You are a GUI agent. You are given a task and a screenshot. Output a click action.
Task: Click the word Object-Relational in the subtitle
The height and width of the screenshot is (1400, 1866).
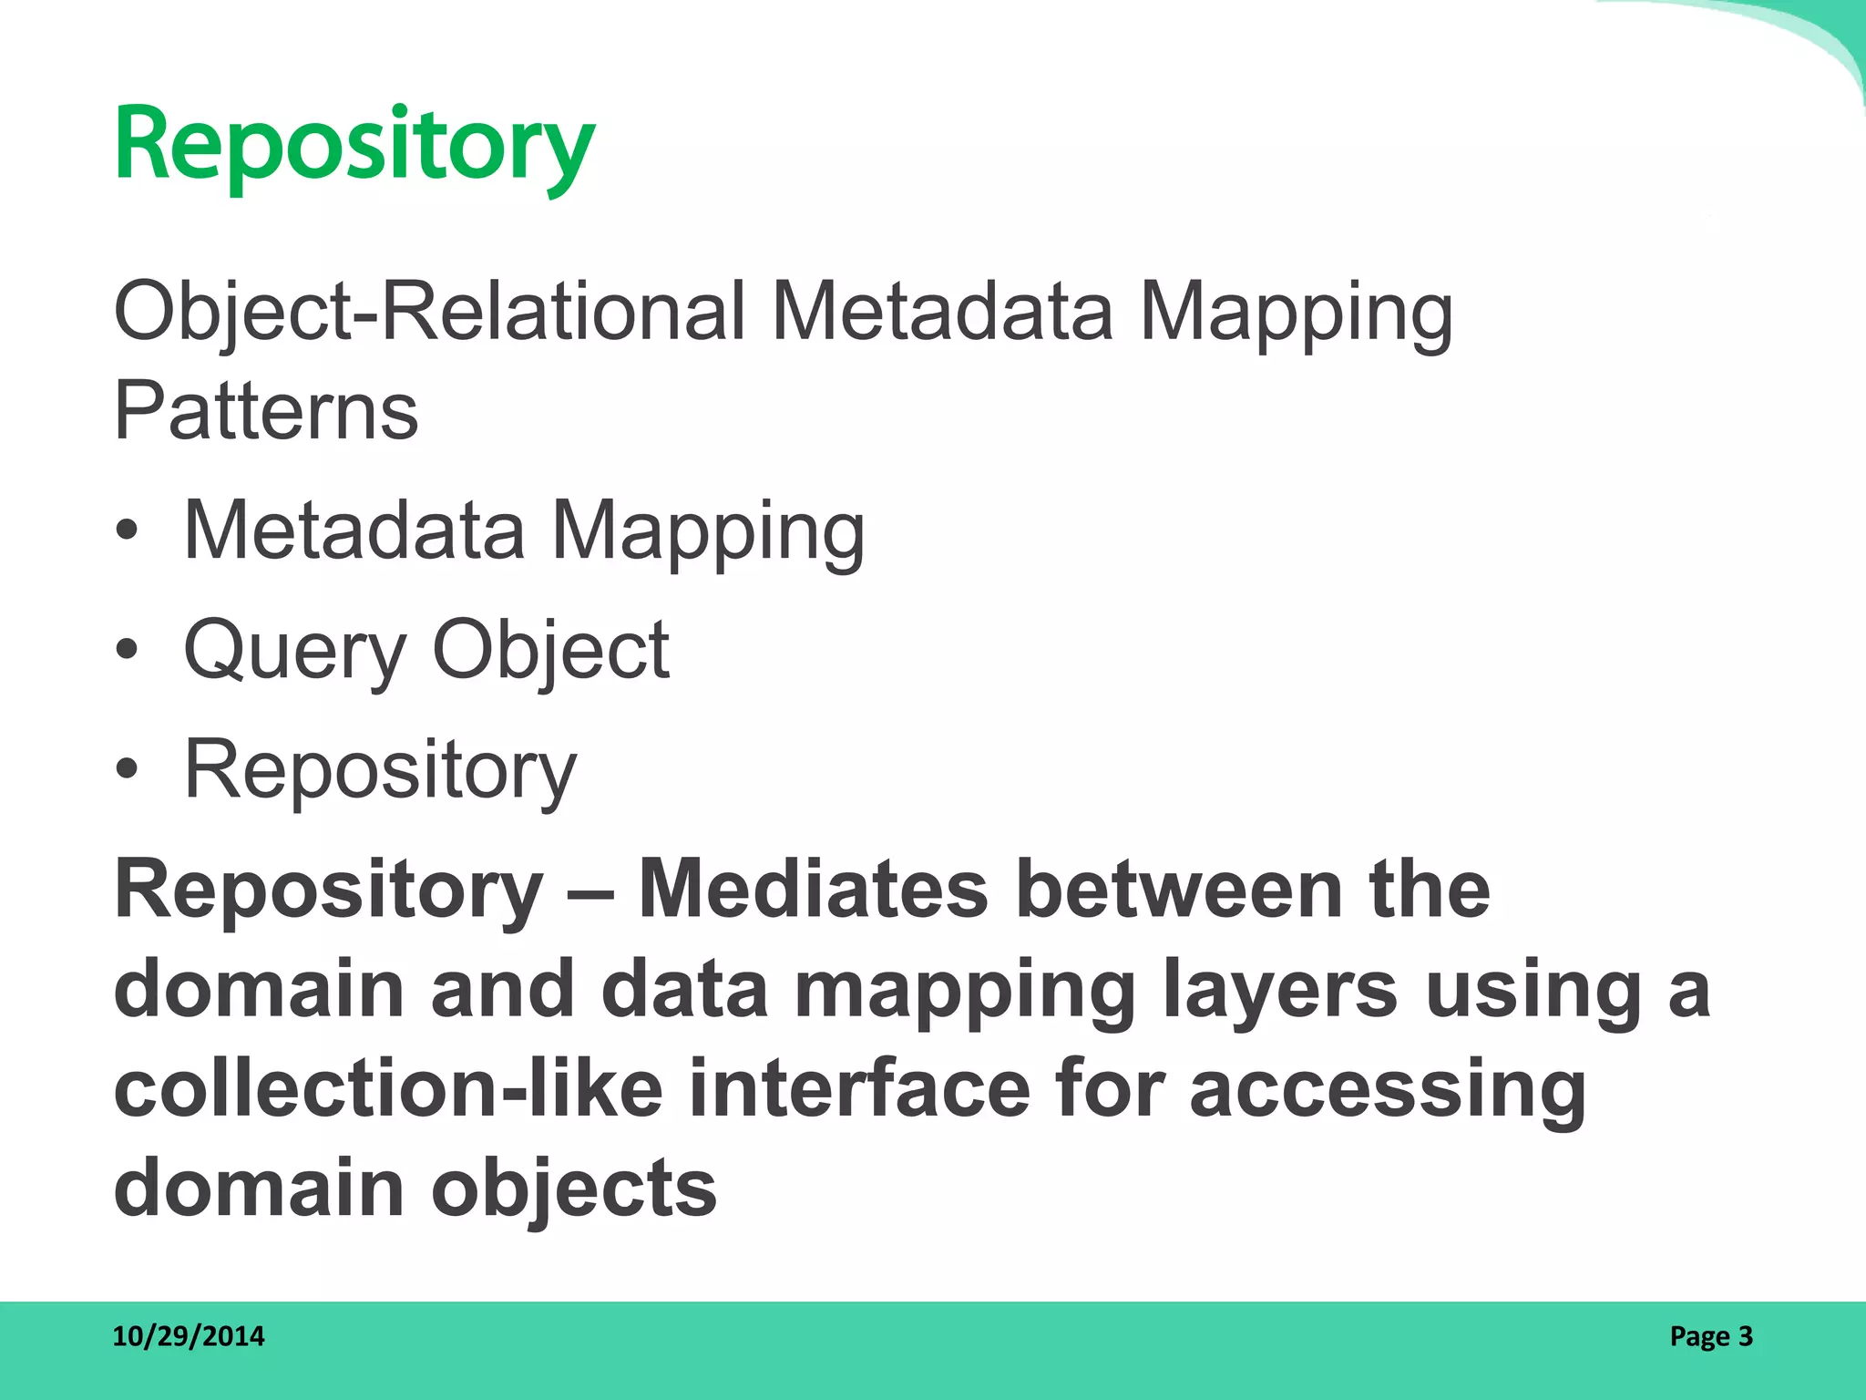(x=429, y=313)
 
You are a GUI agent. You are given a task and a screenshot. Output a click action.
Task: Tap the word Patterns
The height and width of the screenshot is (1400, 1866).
(x=266, y=412)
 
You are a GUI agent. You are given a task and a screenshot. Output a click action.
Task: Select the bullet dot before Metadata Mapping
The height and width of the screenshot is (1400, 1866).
(x=128, y=531)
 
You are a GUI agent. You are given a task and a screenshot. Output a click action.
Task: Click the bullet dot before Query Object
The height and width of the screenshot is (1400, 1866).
(x=128, y=650)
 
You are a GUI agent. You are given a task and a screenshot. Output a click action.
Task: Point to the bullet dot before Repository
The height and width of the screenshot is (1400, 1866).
(x=128, y=769)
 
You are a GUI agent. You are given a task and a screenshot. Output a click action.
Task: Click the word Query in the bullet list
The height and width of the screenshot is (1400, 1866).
(x=294, y=652)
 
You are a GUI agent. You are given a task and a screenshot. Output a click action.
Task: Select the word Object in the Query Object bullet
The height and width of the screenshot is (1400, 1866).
(x=551, y=652)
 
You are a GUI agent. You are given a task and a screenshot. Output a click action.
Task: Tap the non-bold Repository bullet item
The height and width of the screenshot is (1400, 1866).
(x=380, y=771)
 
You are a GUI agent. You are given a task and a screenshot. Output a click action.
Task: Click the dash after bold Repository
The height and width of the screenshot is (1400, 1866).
(x=590, y=890)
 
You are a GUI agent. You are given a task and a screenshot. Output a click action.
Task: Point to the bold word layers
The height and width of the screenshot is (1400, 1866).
(x=1280, y=992)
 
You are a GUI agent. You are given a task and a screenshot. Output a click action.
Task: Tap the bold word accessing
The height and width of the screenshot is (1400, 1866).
(x=1388, y=1091)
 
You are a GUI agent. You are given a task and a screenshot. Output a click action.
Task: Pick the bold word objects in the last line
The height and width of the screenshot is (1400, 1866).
(x=574, y=1190)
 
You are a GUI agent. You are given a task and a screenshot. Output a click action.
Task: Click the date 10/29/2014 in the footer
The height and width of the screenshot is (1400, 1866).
(x=189, y=1336)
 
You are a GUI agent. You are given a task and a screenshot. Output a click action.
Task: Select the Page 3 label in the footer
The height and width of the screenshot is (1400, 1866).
(x=1710, y=1336)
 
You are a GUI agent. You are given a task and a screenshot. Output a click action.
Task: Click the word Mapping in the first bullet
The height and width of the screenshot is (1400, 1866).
(x=708, y=533)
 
